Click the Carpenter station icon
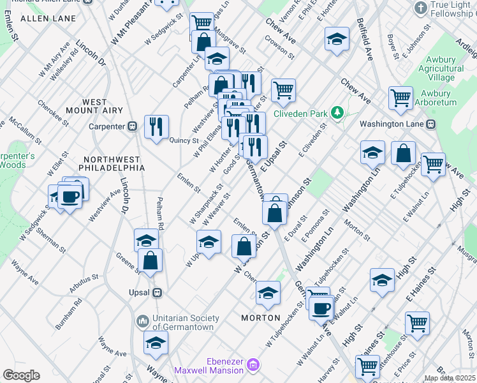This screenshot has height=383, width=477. click(x=133, y=126)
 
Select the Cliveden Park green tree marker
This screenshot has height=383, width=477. click(x=337, y=114)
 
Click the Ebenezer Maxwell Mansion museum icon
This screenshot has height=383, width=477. click(x=253, y=366)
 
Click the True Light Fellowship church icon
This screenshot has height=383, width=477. click(x=420, y=8)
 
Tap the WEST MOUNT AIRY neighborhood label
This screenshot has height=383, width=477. click(x=103, y=106)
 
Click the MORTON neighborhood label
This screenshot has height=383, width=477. click(x=261, y=317)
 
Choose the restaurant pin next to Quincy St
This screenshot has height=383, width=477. click(x=156, y=126)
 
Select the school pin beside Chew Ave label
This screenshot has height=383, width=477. click(x=337, y=40)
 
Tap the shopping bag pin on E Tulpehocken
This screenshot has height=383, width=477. click(x=404, y=153)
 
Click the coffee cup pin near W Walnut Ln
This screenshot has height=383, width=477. click(x=321, y=308)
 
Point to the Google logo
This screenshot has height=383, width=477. click(x=21, y=375)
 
